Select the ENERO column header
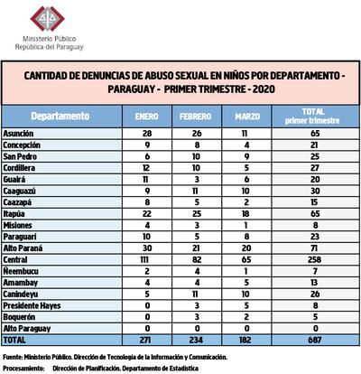146,117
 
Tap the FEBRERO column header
196,117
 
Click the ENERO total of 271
146,342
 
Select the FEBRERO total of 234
196,342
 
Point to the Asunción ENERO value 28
146,133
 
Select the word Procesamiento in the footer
24,368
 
